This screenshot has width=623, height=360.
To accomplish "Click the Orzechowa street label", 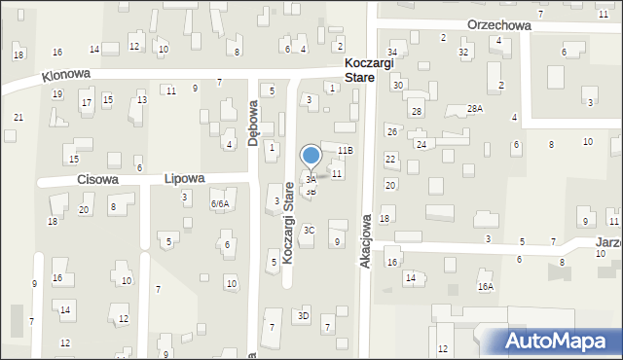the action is (498, 26).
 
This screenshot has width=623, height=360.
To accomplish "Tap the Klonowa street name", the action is (66, 74).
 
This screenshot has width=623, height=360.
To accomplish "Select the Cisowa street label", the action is (97, 180).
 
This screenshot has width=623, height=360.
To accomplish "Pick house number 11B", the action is (345, 150).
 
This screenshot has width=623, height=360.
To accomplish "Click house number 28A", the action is (475, 109).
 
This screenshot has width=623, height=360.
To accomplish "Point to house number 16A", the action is (486, 287).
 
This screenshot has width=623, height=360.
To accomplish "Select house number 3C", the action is (309, 230).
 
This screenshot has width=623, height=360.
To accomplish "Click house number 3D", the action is (304, 315).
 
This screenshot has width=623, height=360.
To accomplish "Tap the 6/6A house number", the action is (220, 203).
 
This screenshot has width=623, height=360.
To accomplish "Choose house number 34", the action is (392, 52).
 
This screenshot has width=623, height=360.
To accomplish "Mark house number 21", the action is (18, 117).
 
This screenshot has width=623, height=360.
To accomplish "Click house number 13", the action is (142, 99).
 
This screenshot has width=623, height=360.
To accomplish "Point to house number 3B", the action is (311, 192).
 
